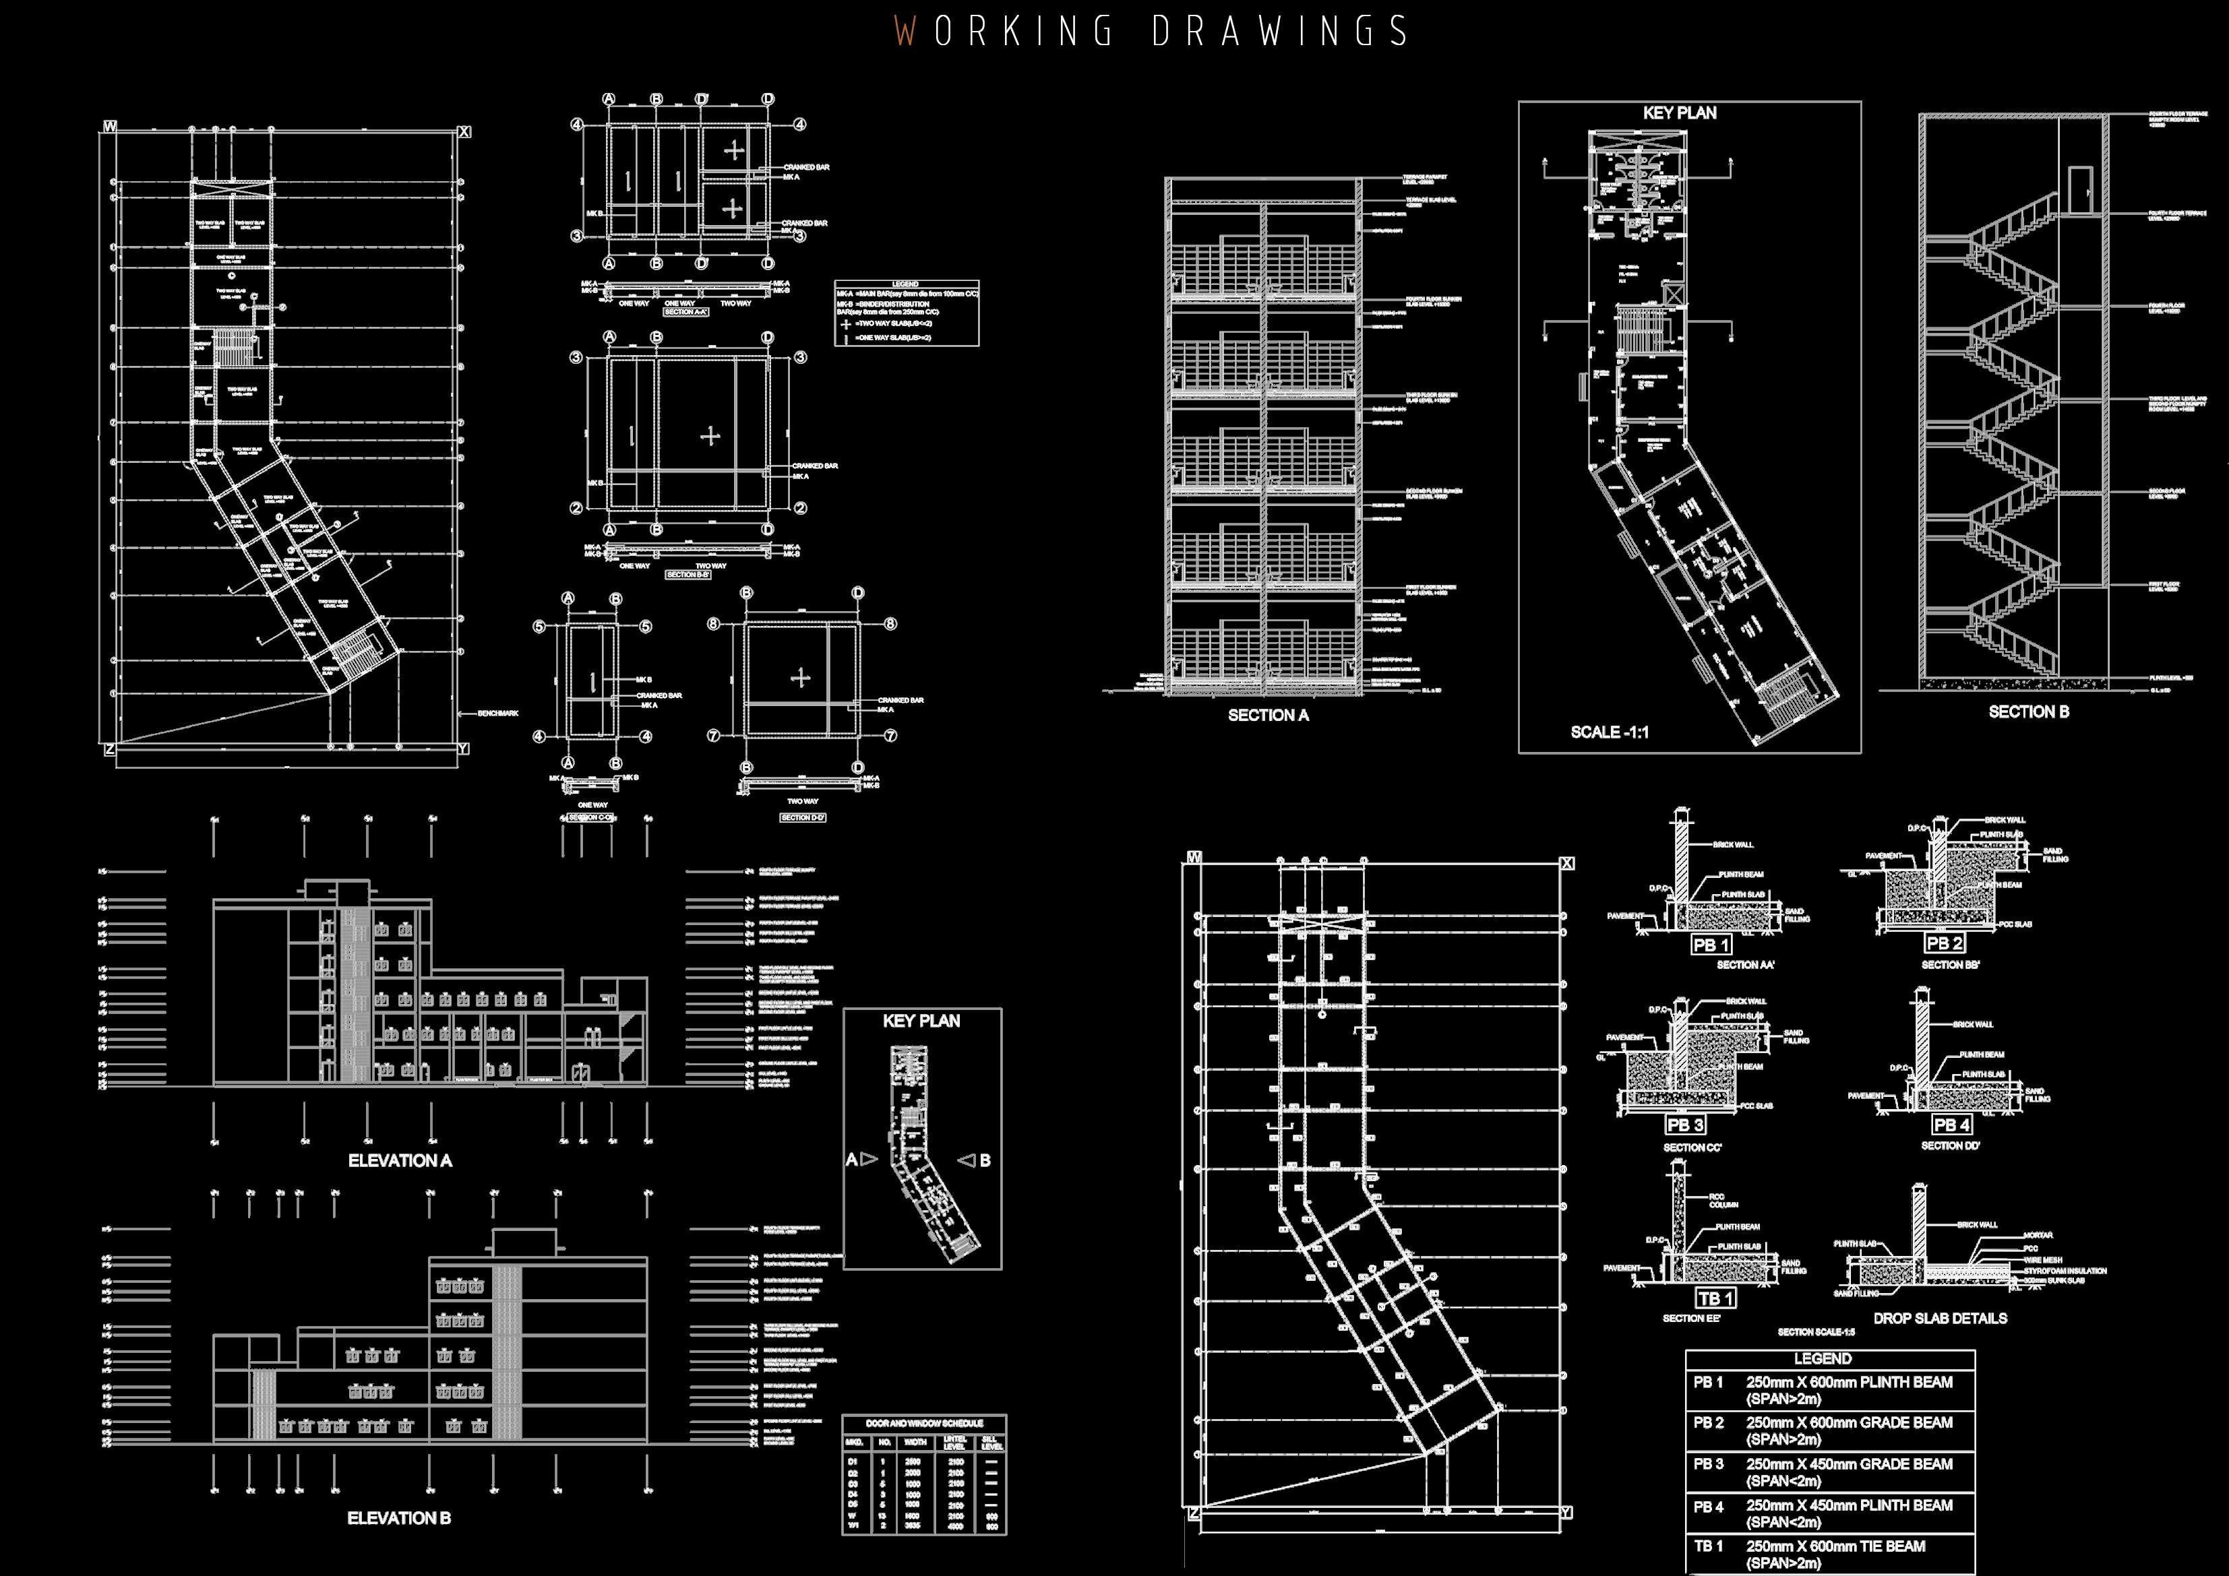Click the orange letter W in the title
[905, 31]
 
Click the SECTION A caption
[1268, 715]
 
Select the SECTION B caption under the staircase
[2028, 712]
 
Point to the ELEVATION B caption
[399, 1518]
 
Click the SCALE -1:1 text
[1609, 732]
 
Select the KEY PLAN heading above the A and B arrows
[921, 1021]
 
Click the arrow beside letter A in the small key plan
[869, 1159]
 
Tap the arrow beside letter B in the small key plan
[967, 1160]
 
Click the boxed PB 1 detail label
[1711, 944]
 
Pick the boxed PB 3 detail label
[1684, 1125]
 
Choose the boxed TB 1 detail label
[1715, 1298]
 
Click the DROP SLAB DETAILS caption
[1940, 1318]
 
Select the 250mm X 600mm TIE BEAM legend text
[1835, 1546]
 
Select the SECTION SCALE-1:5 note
[1815, 1332]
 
